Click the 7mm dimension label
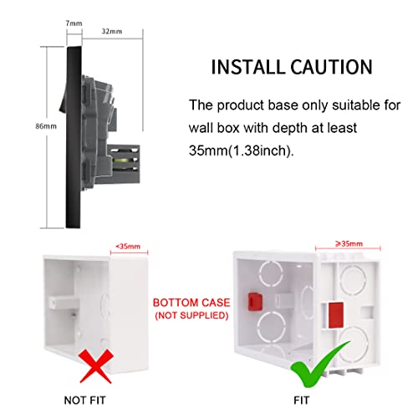(x=74, y=23)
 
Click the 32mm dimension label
(x=112, y=31)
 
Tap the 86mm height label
(x=46, y=126)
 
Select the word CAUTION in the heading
(x=331, y=67)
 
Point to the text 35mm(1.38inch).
(x=242, y=150)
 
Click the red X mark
(x=96, y=367)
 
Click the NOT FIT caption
(x=85, y=400)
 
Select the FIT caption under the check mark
(x=302, y=400)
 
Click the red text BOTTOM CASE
(x=191, y=303)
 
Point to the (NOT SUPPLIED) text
(x=191, y=315)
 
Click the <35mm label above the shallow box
(x=128, y=247)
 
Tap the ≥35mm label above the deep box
(x=349, y=244)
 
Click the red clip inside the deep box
(x=255, y=302)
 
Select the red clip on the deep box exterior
(x=336, y=315)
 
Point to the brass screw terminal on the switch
(x=122, y=161)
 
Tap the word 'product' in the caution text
(x=241, y=106)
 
